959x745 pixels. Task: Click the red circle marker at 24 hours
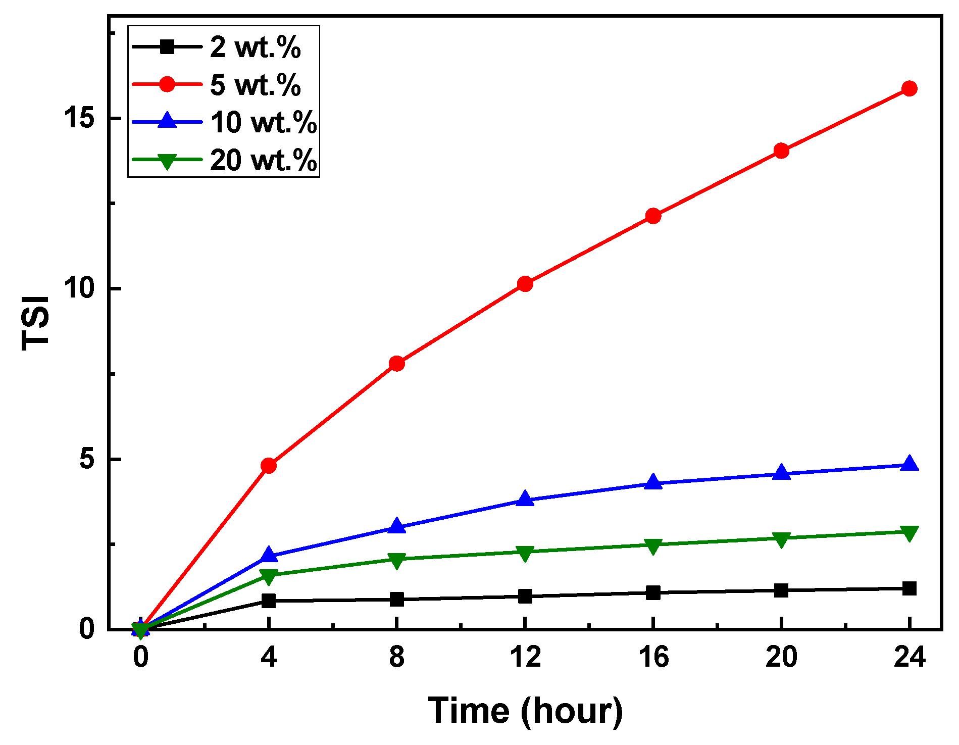coord(909,89)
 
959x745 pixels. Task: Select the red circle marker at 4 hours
coord(269,465)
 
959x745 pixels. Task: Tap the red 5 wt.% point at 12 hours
coord(525,284)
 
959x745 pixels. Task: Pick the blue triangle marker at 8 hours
coord(397,527)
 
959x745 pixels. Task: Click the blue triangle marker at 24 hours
coord(909,464)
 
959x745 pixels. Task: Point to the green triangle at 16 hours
coord(653,546)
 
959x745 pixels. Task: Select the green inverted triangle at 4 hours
coord(269,576)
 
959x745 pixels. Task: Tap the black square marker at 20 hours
coord(781,590)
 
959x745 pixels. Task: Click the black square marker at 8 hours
coord(397,600)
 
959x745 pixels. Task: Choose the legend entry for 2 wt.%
coord(255,47)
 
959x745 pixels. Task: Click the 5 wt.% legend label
coord(255,85)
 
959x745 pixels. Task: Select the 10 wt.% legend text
coord(263,122)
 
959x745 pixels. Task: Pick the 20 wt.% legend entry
coord(263,160)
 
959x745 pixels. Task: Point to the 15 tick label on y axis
coord(79,118)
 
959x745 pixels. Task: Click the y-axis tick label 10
coord(79,289)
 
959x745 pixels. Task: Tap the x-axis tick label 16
coord(653,658)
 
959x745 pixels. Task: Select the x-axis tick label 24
coord(909,658)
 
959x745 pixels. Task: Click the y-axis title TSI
coord(35,323)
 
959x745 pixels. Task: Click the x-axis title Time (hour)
coord(525,711)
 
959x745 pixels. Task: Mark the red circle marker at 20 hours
coord(781,151)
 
